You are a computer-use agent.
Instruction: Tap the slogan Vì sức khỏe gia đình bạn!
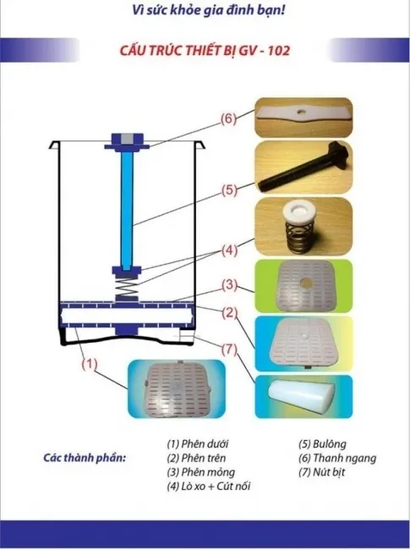point(205,13)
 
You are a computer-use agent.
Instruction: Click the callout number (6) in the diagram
point(227,119)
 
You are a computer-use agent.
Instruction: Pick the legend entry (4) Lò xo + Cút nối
point(208,487)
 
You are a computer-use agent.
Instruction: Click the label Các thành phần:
point(84,458)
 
